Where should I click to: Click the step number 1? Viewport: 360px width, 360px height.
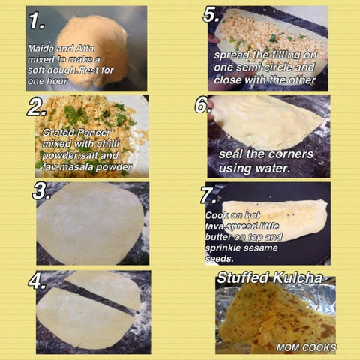click(x=37, y=21)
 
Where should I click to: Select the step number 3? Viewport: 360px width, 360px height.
click(x=41, y=192)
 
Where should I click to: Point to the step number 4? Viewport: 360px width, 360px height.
click(x=37, y=281)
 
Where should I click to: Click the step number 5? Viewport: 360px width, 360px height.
click(x=211, y=14)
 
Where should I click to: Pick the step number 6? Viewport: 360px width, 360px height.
click(x=204, y=105)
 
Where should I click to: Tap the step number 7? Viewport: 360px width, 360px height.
click(x=208, y=195)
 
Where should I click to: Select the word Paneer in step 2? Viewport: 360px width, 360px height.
click(x=94, y=133)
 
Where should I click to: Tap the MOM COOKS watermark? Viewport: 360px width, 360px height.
click(x=306, y=347)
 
